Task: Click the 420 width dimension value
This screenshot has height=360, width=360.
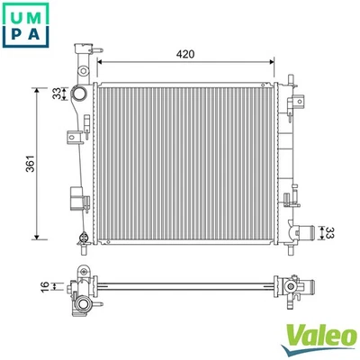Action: point(185,55)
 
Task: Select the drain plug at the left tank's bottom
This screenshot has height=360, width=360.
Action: point(84,238)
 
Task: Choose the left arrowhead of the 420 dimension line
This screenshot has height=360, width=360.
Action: point(101,63)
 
